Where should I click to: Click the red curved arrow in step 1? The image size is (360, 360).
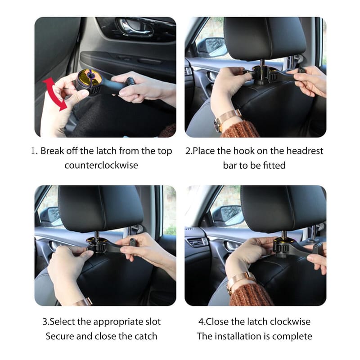click(53, 94)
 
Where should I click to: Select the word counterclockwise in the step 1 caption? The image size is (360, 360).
click(101, 165)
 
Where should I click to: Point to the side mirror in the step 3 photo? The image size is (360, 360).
click(49, 215)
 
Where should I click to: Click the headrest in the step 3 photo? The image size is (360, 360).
click(100, 208)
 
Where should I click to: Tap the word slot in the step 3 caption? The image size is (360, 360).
click(153, 322)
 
